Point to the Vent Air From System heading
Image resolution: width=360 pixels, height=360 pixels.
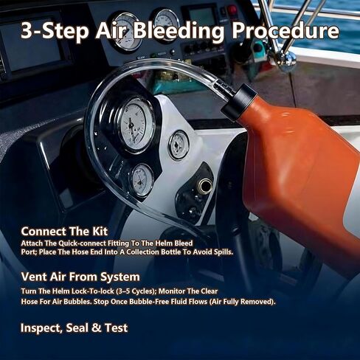[80, 277]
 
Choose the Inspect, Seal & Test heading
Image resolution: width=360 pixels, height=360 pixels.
[74, 327]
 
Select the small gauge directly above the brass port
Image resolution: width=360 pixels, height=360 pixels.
[179, 145]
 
